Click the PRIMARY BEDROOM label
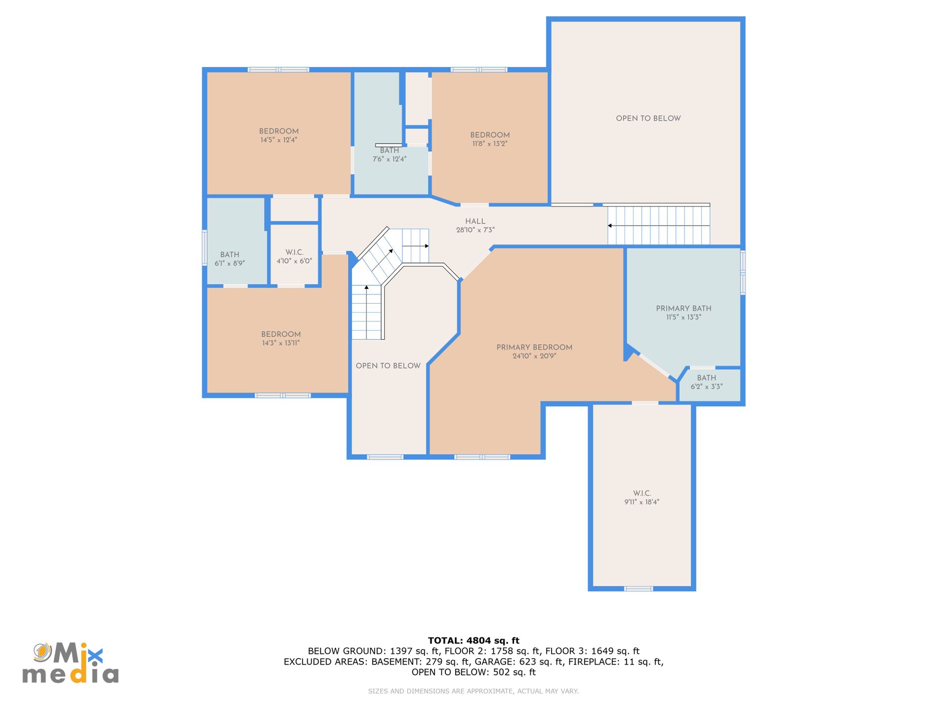[534, 348]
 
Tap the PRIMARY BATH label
[683, 309]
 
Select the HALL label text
[475, 222]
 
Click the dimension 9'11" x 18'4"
[642, 502]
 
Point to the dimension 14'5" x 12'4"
[279, 140]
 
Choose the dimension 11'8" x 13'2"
[490, 144]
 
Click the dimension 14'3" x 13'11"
[281, 343]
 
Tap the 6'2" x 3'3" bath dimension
[707, 387]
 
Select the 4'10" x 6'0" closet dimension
[294, 261]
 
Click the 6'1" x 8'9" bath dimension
[230, 264]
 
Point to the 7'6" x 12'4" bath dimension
[390, 159]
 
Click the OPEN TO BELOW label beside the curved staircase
[388, 366]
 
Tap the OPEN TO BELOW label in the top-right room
[648, 118]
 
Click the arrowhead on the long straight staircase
[610, 226]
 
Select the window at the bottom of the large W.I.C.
[638, 589]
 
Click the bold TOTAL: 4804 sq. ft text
[474, 641]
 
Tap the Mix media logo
[71, 663]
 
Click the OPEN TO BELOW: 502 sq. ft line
[474, 672]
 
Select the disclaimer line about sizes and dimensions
[474, 691]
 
